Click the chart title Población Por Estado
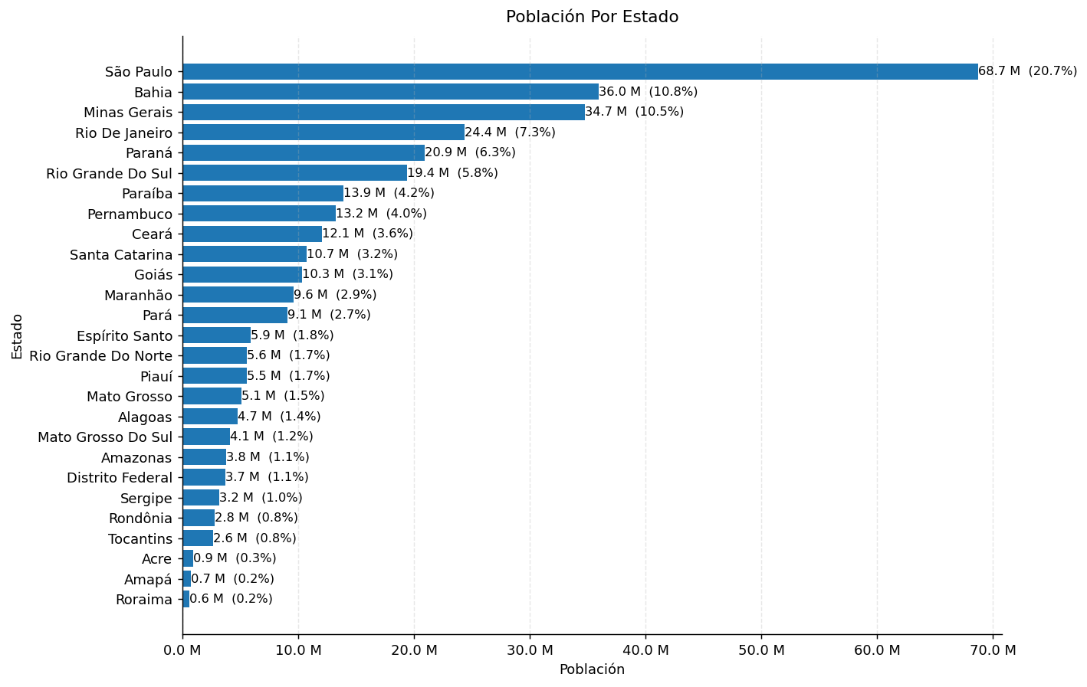coord(592,17)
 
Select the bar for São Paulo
coord(580,72)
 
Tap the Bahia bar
coord(390,92)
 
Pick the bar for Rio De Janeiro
coord(323,132)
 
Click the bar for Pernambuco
coord(258,214)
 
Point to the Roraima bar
coord(186,599)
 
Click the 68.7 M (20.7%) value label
coord(1027,71)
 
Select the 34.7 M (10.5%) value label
coord(634,112)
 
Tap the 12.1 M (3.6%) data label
coord(367,234)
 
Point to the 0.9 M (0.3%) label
coord(235,558)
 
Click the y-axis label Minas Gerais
coord(128,113)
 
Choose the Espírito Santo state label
coord(124,335)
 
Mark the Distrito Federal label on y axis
coord(120,478)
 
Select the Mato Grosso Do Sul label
coord(105,437)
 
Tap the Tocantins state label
coord(140,538)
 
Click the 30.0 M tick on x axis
coord(530,650)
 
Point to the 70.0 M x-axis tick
coord(992,650)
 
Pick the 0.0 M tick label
coord(182,650)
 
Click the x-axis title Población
coord(592,669)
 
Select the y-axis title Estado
coord(17,336)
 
